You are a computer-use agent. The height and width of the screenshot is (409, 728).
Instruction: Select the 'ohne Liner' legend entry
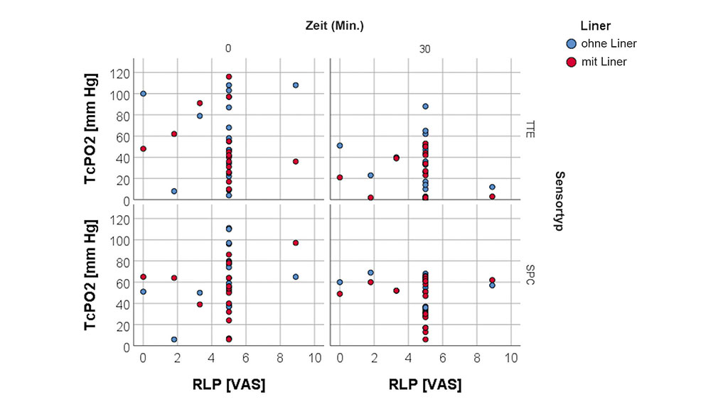[609, 43]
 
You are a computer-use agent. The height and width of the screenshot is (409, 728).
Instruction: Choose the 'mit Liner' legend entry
[604, 62]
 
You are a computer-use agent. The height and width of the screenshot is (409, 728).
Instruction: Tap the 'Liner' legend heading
[595, 26]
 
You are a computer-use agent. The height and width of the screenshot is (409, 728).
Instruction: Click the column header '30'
[424, 49]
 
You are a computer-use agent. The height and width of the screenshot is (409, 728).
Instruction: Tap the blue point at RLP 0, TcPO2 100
[143, 94]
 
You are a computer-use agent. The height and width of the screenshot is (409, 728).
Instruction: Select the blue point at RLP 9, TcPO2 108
[296, 85]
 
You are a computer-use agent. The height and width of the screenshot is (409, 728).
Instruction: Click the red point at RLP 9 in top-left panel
[296, 161]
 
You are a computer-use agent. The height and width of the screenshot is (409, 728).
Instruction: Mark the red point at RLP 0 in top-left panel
[143, 149]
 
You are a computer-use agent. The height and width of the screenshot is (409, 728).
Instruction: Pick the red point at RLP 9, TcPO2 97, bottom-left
[296, 243]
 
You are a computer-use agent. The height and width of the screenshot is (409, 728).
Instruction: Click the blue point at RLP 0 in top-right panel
[340, 146]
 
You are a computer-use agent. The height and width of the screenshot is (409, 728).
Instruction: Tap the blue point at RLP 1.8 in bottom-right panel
[370, 273]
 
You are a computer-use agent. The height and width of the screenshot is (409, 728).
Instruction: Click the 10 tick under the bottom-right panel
[510, 359]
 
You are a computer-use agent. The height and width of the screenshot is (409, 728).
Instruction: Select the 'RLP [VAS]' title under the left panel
[228, 384]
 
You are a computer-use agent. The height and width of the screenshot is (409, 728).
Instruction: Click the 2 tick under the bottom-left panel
[177, 359]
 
